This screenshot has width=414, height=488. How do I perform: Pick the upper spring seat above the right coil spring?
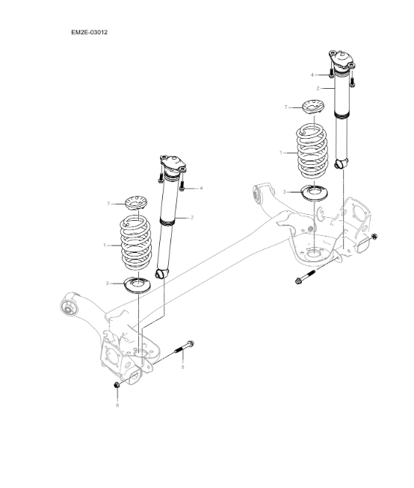pyautogui.click(x=312, y=107)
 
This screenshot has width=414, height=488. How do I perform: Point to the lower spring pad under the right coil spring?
pyautogui.click(x=312, y=192)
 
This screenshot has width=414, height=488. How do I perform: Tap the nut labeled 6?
pyautogui.click(x=117, y=384)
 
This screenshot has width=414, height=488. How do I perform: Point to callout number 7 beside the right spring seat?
pyautogui.click(x=285, y=107)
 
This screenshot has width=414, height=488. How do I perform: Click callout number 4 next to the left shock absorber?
pyautogui.click(x=201, y=188)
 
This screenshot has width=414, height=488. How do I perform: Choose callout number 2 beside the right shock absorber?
pyautogui.click(x=318, y=88)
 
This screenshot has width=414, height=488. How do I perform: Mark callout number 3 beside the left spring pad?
pyautogui.click(x=108, y=284)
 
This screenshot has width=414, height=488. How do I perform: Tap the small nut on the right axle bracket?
pyautogui.click(x=374, y=237)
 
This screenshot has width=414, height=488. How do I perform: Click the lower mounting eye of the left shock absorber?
pyautogui.click(x=159, y=274)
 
